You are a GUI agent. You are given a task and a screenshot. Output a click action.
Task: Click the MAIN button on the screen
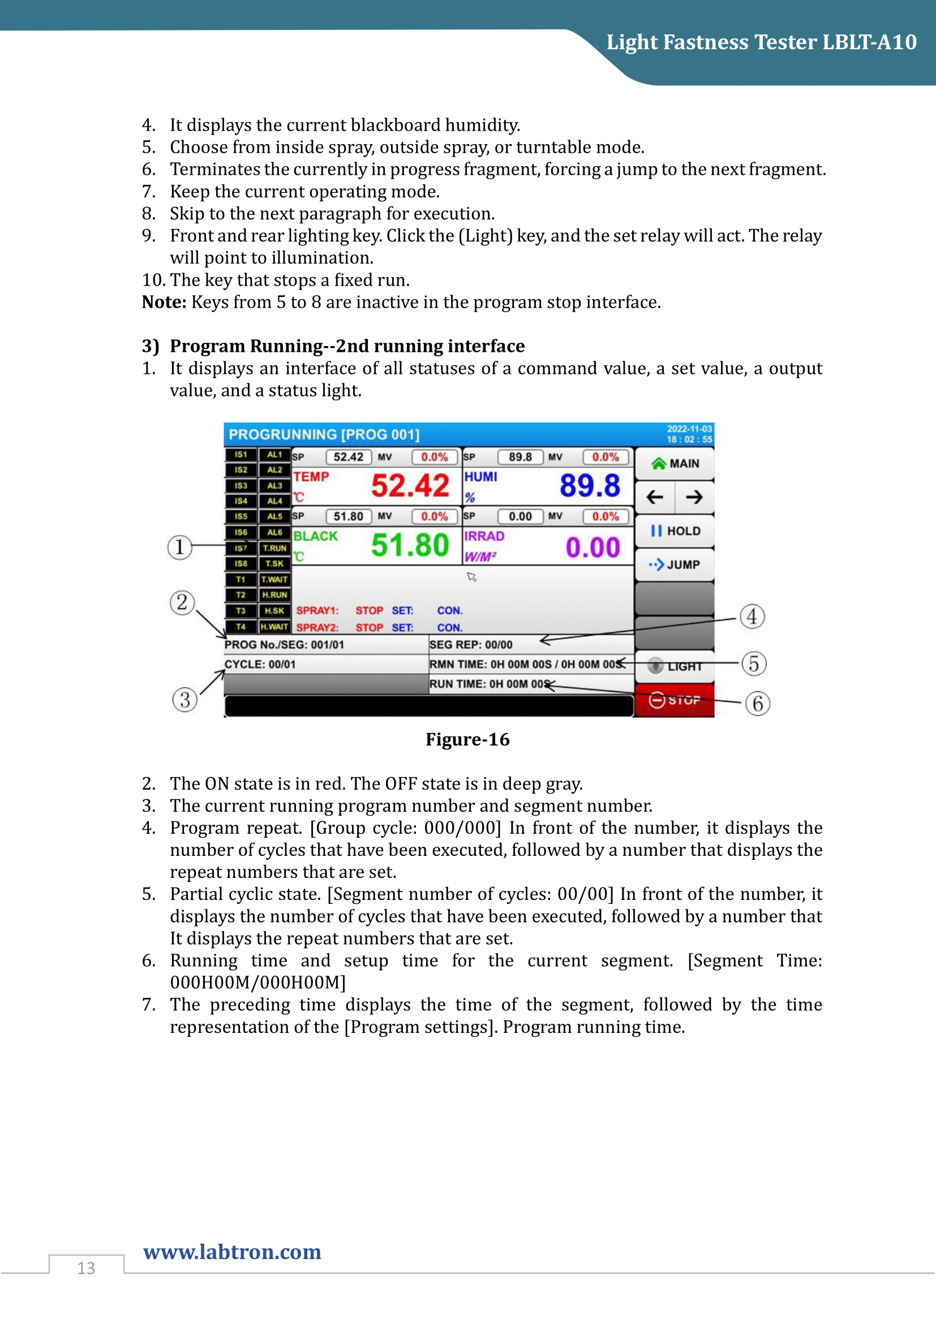click(x=675, y=464)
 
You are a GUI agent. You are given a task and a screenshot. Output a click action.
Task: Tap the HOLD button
click(x=675, y=531)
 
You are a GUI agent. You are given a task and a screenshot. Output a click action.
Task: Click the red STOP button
click(x=675, y=700)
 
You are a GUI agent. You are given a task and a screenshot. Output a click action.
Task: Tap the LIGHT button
click(x=675, y=666)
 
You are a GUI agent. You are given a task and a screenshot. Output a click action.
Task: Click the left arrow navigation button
click(x=655, y=497)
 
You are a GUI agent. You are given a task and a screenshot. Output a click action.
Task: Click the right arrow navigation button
click(x=694, y=497)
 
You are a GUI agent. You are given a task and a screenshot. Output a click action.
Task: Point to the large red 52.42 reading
click(x=410, y=485)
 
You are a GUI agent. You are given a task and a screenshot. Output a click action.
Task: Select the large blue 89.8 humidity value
click(x=589, y=485)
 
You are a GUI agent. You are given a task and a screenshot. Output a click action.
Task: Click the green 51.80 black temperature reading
click(x=410, y=545)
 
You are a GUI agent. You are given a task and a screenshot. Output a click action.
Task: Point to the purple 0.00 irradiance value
click(x=592, y=547)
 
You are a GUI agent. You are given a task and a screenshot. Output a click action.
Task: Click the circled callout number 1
click(x=179, y=546)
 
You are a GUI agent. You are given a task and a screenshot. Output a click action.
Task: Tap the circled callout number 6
click(x=757, y=704)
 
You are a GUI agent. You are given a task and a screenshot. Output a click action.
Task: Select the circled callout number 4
click(x=752, y=617)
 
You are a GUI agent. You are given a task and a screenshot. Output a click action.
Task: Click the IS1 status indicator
click(x=241, y=455)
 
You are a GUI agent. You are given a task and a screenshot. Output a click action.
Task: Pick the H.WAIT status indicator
click(x=274, y=626)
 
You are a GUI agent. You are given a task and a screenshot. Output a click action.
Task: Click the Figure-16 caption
click(x=467, y=739)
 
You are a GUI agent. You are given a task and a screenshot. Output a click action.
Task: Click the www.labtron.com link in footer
click(x=232, y=1252)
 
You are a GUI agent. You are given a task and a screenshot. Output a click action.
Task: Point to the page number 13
click(x=86, y=1268)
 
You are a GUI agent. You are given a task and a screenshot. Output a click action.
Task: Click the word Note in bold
click(x=164, y=302)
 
